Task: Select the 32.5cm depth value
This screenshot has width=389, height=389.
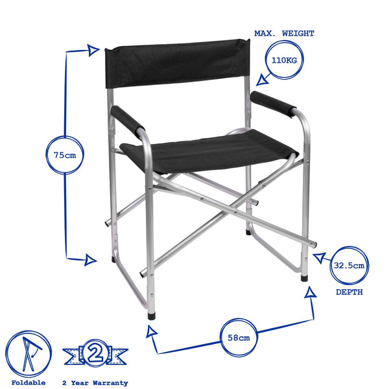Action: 349,265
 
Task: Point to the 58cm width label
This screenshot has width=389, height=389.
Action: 239,338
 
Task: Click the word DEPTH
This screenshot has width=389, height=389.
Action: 349,292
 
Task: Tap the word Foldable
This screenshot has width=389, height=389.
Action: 29,383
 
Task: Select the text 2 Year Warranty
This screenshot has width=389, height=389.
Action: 96,383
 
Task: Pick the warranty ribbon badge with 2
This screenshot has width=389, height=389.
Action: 95,354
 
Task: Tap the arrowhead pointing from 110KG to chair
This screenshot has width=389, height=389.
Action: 262,80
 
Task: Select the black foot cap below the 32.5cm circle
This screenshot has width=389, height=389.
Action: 304,278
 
